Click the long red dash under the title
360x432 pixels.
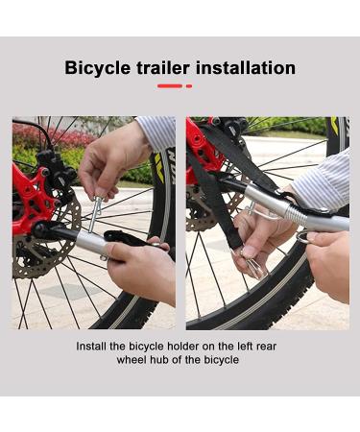pyautogui.click(x=169, y=86)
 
